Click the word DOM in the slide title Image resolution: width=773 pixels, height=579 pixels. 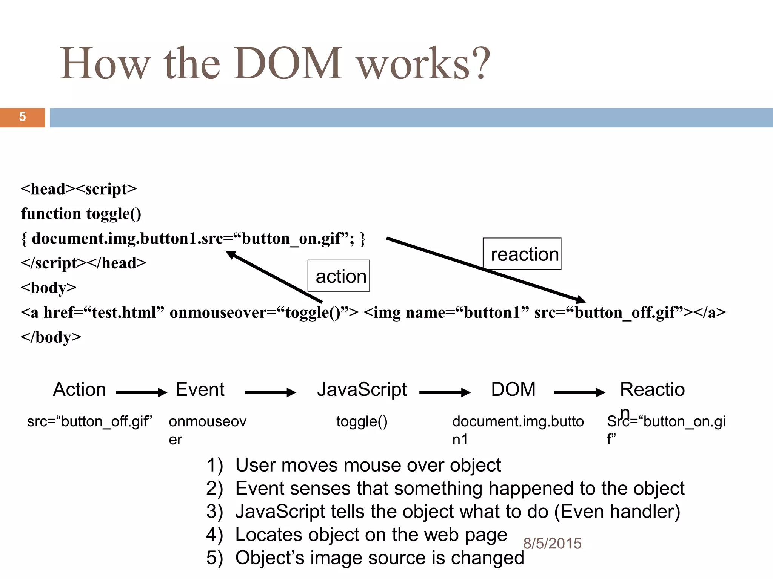click(288, 63)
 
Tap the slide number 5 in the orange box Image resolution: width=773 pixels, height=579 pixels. click(22, 117)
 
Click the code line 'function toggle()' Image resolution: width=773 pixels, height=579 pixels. click(81, 213)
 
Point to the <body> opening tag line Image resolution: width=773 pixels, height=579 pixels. click(48, 288)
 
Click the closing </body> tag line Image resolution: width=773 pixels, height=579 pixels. click(51, 337)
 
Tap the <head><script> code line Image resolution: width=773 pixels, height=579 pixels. click(79, 189)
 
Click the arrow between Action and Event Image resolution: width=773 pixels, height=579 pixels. click(141, 392)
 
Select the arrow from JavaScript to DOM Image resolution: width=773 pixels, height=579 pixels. click(445, 392)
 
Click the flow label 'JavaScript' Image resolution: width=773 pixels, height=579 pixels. click(362, 389)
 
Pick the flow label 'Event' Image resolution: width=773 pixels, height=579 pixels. click(200, 389)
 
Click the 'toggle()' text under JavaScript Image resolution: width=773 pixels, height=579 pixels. click(362, 421)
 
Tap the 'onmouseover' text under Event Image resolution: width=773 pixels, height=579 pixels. click(207, 430)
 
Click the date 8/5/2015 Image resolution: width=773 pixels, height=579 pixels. click(552, 544)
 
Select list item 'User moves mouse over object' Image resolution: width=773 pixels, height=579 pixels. click(368, 465)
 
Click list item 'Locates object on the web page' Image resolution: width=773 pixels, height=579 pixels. click(371, 535)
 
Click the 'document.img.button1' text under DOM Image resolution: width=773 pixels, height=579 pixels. click(517, 430)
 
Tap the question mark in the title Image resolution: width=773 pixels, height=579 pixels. click(481, 63)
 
